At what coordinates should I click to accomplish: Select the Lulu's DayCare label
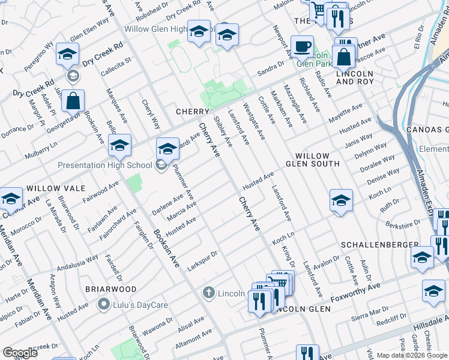(140, 305)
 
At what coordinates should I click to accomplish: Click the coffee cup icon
(302, 46)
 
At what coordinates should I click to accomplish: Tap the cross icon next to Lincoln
(208, 293)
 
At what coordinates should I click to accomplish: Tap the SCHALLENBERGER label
(379, 245)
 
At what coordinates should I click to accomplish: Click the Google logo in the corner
(19, 353)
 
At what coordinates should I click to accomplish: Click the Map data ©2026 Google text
(412, 355)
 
